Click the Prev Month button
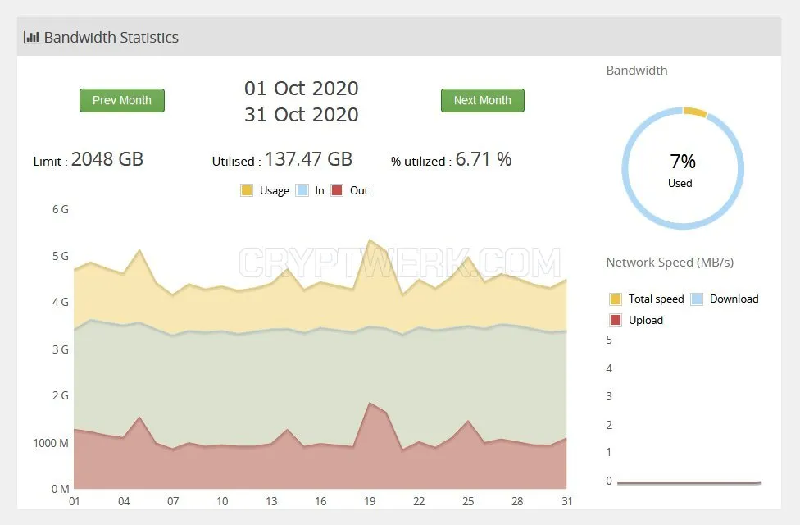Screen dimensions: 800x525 (122, 100)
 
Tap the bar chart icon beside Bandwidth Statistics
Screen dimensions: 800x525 (32, 37)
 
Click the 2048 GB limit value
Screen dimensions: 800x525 (107, 159)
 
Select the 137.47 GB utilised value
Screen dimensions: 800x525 (309, 159)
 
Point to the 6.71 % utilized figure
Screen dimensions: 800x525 (484, 159)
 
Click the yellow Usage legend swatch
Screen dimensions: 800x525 (247, 190)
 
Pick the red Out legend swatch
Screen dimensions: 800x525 (337, 190)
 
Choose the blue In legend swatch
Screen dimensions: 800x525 (302, 190)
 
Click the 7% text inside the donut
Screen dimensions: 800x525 (683, 162)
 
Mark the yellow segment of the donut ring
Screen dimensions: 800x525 (695, 112)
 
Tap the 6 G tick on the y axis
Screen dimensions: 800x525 (60, 209)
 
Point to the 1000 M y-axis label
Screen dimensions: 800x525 (51, 443)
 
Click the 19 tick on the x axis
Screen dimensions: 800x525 (370, 501)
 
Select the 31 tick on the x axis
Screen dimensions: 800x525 (567, 501)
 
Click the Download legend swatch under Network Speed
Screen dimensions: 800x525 (697, 299)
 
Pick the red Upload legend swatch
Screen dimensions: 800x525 (616, 320)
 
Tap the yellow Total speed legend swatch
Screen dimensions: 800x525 (616, 299)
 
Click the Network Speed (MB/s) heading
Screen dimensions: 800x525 (670, 262)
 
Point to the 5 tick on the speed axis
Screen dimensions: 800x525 (609, 340)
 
